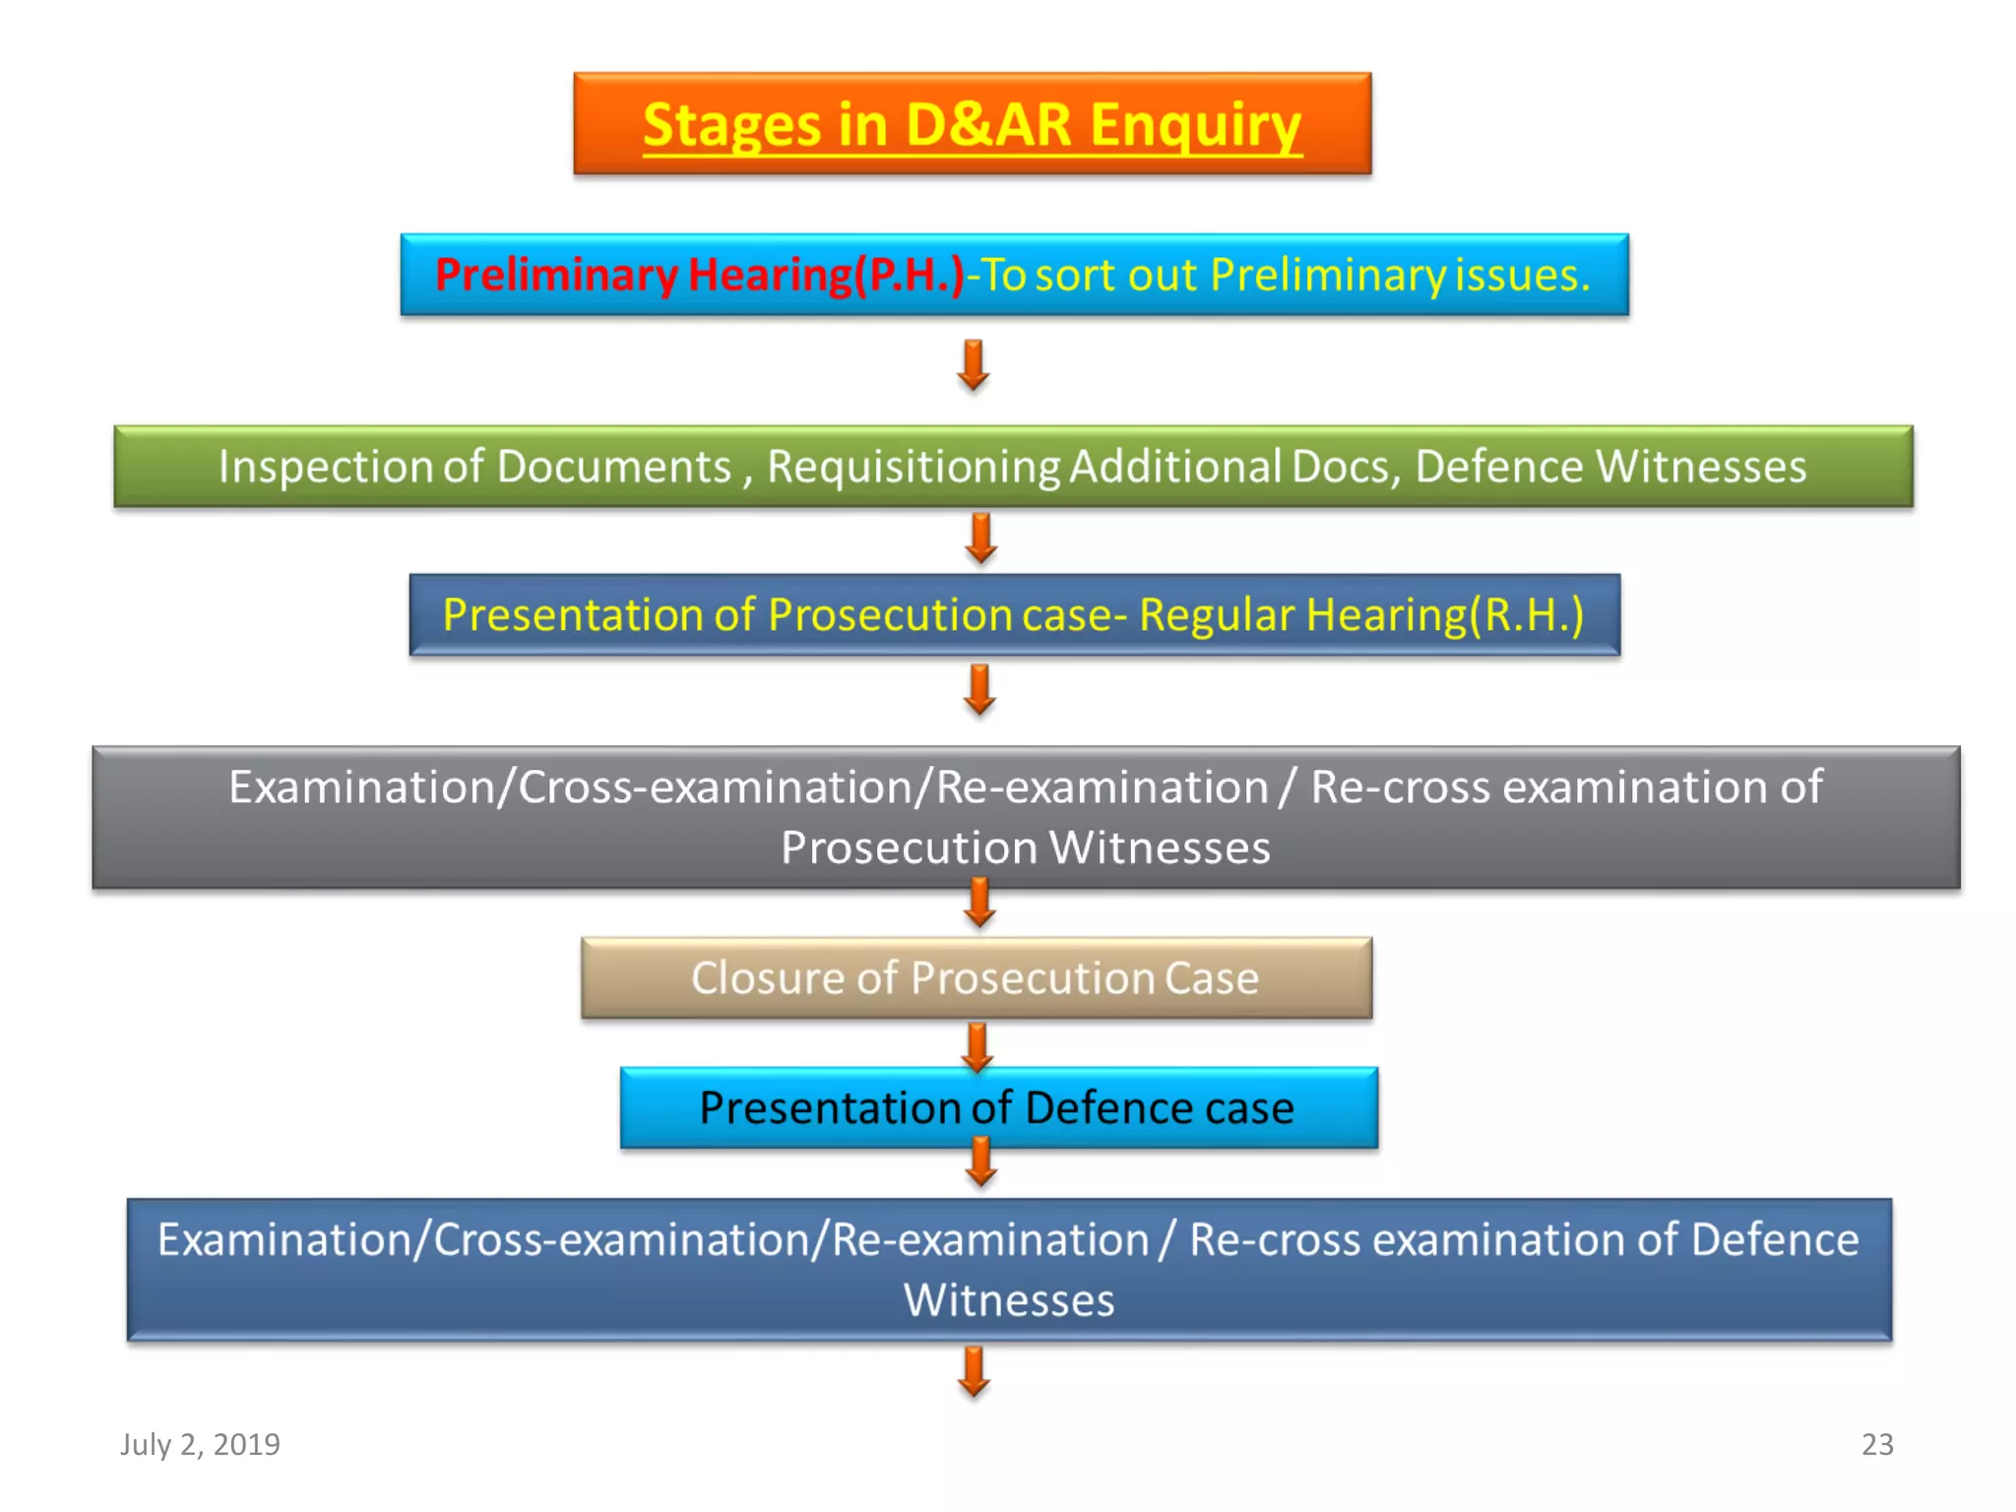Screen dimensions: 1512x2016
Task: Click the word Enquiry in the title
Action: (x=1195, y=126)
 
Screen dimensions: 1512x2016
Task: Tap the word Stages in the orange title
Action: (x=731, y=126)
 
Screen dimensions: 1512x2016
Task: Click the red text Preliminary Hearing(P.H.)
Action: (x=699, y=275)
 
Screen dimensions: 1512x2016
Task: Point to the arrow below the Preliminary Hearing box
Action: (x=973, y=365)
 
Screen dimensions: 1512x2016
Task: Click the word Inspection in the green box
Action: (x=325, y=467)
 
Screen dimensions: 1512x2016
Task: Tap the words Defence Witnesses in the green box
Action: (x=1609, y=467)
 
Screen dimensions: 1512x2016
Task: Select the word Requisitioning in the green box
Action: (x=913, y=467)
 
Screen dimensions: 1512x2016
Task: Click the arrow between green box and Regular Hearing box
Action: (x=980, y=538)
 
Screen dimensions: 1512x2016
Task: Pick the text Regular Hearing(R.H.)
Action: (x=1360, y=615)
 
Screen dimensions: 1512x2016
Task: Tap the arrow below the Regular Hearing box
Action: (x=979, y=689)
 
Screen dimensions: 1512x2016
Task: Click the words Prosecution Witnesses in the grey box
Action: (x=1025, y=848)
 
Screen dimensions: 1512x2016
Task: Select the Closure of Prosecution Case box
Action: (x=976, y=977)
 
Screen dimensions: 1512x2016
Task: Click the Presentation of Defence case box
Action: (x=996, y=1108)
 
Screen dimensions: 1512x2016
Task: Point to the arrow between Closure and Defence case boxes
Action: (x=976, y=1045)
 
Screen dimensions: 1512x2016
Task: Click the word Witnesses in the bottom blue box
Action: (x=1009, y=1300)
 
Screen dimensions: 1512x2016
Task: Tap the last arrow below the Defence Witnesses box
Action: (x=974, y=1371)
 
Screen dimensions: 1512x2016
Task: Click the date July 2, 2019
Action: (x=200, y=1444)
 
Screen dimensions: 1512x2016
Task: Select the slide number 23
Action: (x=1876, y=1444)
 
